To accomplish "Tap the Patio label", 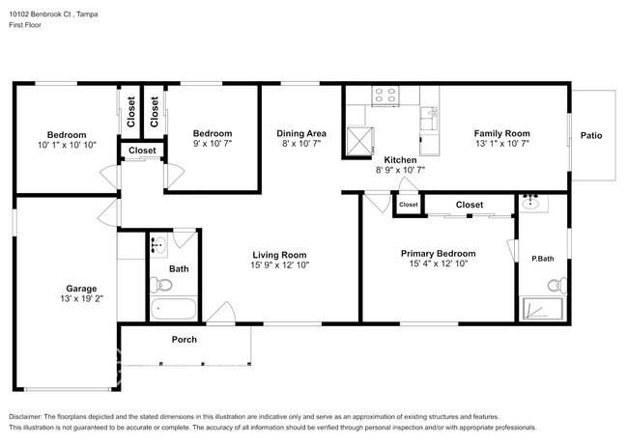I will point(591,135).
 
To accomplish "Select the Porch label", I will point(185,339).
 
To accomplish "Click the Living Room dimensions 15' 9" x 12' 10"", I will point(280,264).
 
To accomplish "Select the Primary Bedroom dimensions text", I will point(439,264).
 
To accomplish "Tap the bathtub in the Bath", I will point(174,311).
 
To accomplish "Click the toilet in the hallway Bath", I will point(161,285).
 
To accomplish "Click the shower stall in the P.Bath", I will point(536,309).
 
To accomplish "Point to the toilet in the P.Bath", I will point(555,286).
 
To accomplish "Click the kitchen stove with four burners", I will point(386,96).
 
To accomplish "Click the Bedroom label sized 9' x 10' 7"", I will point(212,133).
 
